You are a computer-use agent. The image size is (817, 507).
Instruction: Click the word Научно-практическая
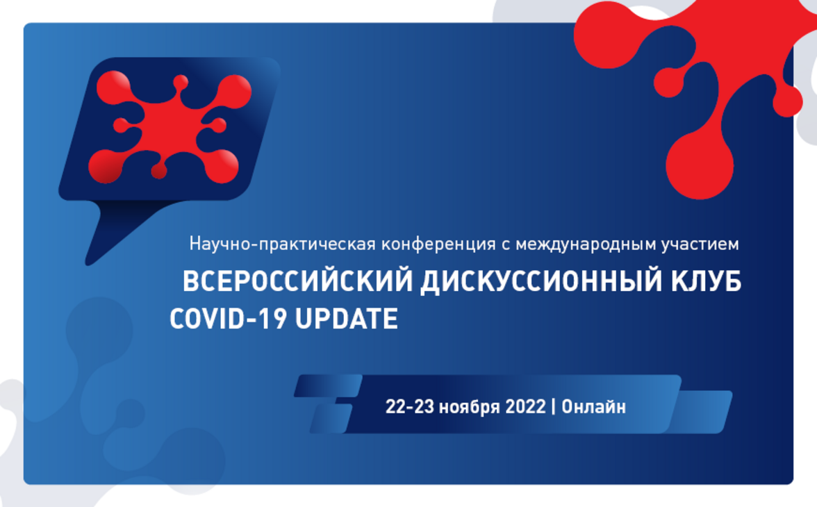tap(282, 244)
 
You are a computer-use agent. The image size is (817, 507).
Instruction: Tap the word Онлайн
tap(593, 407)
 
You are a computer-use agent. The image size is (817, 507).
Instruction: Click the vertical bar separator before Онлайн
tap(554, 407)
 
